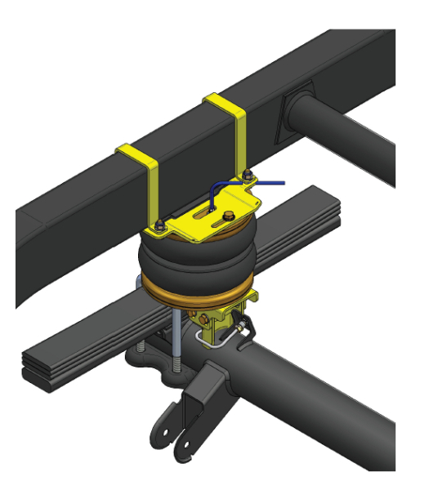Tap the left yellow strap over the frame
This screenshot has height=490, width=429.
148,176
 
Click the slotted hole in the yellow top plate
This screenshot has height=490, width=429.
204,215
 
